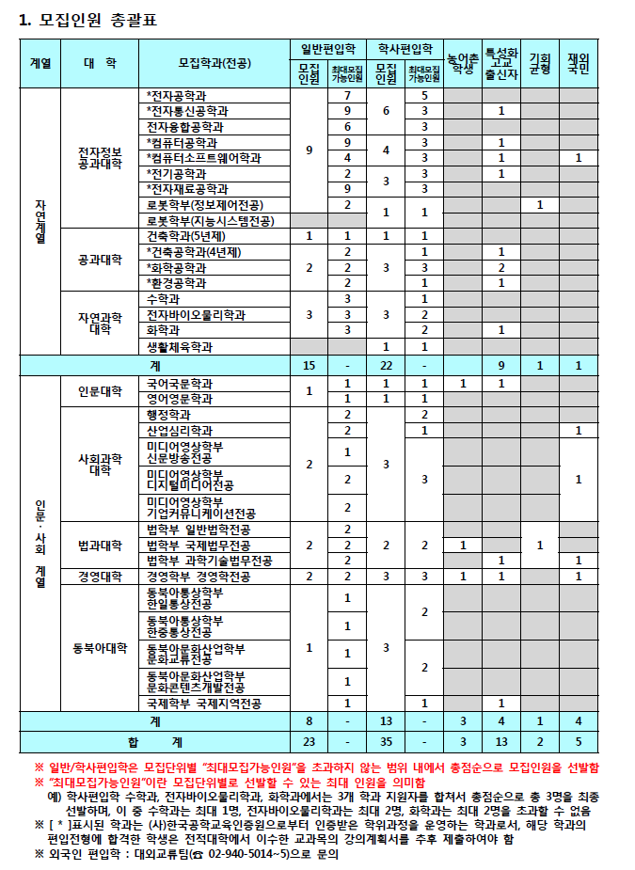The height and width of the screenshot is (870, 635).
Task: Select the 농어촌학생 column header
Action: pyautogui.click(x=462, y=63)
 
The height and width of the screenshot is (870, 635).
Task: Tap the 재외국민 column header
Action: pyautogui.click(x=578, y=63)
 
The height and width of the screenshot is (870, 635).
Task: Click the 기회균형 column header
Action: pyautogui.click(x=539, y=63)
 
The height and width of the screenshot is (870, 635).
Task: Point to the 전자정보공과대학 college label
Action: pyautogui.click(x=100, y=157)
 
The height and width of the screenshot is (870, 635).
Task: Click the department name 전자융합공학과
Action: pyautogui.click(x=184, y=126)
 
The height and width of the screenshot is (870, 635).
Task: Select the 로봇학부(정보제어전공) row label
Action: pyautogui.click(x=205, y=204)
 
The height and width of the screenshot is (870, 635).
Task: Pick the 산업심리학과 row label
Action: pyautogui.click(x=180, y=430)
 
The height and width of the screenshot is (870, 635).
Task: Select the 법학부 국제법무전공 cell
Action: pyautogui.click(x=198, y=546)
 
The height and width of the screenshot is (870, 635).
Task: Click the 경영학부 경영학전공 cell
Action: pyautogui.click(x=198, y=576)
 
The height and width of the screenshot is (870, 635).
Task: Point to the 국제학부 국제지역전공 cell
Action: pyautogui.click(x=204, y=703)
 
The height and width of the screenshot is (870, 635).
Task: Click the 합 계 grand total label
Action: pyautogui.click(x=154, y=739)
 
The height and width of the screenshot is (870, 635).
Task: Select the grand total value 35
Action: pyautogui.click(x=386, y=739)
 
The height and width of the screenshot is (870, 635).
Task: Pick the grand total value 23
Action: pyautogui.click(x=309, y=739)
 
